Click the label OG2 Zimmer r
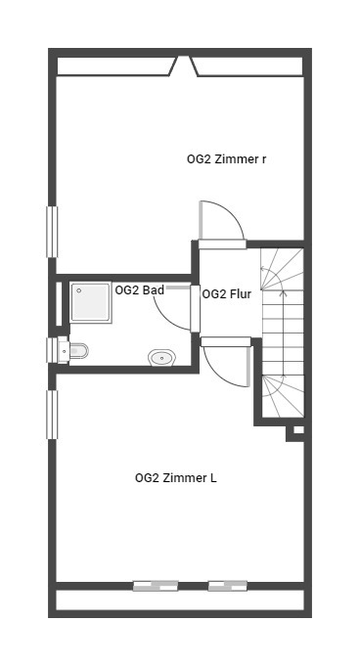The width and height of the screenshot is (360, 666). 227,159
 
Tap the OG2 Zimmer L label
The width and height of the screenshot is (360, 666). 175,478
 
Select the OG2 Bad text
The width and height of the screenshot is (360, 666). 140,290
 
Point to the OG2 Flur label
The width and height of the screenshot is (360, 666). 227,294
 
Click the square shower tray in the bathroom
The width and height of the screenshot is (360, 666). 91,302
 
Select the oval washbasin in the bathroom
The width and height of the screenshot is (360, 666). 162,358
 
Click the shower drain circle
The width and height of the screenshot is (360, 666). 79,290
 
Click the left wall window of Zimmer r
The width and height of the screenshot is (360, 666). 52,232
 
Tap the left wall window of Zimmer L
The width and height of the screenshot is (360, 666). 52,415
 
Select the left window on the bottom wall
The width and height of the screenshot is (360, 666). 156,586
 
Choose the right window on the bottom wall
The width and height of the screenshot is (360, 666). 228,586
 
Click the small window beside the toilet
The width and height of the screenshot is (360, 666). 52,350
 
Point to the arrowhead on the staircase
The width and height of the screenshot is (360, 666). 285,292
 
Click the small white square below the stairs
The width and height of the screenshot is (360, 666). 298,430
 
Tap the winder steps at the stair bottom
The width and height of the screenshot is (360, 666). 283,396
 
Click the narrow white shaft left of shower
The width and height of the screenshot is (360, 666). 59,304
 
